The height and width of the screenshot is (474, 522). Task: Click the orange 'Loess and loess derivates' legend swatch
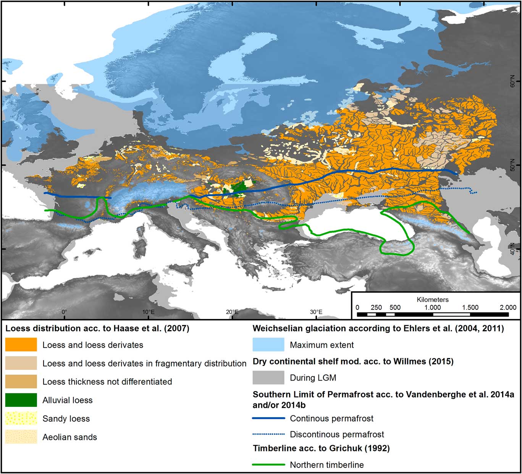[x=21, y=345]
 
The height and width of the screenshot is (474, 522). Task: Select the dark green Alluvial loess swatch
[x=21, y=400]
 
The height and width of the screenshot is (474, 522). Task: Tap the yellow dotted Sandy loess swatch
[x=21, y=418]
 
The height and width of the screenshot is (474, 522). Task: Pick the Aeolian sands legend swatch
[x=21, y=437]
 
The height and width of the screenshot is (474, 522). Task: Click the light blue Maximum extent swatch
[x=268, y=345]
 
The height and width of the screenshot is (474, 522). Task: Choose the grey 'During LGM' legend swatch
[x=268, y=377]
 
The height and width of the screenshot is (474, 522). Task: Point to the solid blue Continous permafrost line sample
[x=268, y=418]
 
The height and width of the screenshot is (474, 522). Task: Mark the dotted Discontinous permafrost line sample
[x=268, y=434]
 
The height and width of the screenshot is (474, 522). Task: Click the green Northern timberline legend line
[x=268, y=464]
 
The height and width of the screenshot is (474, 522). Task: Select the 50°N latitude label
[x=512, y=165]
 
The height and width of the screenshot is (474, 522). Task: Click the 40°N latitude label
[x=512, y=249]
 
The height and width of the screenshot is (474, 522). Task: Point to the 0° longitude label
[x=64, y=312]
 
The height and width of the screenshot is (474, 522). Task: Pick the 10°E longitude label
[x=149, y=312]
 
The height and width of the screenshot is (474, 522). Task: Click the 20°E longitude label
[x=232, y=312]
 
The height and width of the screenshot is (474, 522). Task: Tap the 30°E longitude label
[x=316, y=312]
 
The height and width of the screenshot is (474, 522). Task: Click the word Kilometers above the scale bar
[x=433, y=300]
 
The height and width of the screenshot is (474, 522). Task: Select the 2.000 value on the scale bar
[x=508, y=307]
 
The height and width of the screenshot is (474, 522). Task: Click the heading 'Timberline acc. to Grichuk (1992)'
[x=321, y=448]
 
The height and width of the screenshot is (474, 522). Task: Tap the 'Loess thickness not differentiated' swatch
[x=21, y=382]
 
